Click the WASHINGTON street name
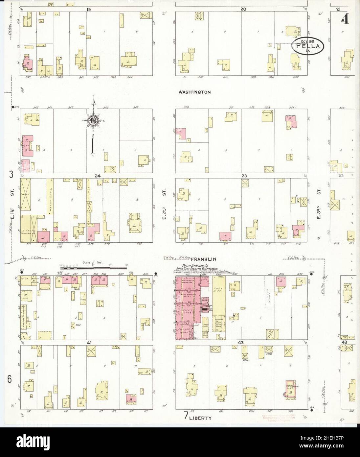tap(194, 92)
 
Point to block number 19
tap(89, 10)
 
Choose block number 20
tap(243, 9)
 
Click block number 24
tap(97, 176)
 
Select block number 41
tap(89, 343)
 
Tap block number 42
tap(241, 343)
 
